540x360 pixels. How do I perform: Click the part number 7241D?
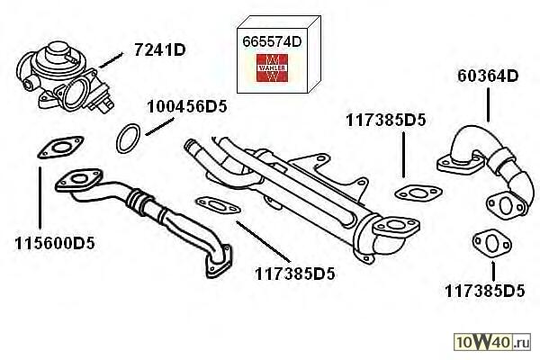(160, 50)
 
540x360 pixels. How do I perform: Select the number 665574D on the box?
(272, 42)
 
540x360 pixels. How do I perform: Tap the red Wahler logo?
(272, 67)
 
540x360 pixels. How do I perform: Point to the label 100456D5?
(187, 106)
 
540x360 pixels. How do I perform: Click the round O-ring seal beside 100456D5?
(129, 139)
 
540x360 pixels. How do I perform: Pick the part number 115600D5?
(55, 244)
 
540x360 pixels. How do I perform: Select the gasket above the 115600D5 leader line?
(60, 148)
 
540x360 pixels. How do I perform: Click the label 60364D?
(488, 76)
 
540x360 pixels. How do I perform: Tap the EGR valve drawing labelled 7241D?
(65, 76)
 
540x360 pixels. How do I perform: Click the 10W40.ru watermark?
(492, 342)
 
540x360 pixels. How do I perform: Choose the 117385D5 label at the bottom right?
(484, 291)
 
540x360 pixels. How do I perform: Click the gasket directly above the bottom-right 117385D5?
(492, 245)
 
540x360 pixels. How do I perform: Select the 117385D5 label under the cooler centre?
(295, 274)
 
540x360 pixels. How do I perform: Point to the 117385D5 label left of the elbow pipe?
(386, 121)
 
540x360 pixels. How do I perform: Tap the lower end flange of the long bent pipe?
(219, 262)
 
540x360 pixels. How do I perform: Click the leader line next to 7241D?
(111, 60)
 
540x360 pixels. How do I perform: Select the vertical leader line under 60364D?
(488, 105)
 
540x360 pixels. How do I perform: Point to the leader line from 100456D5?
(160, 126)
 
